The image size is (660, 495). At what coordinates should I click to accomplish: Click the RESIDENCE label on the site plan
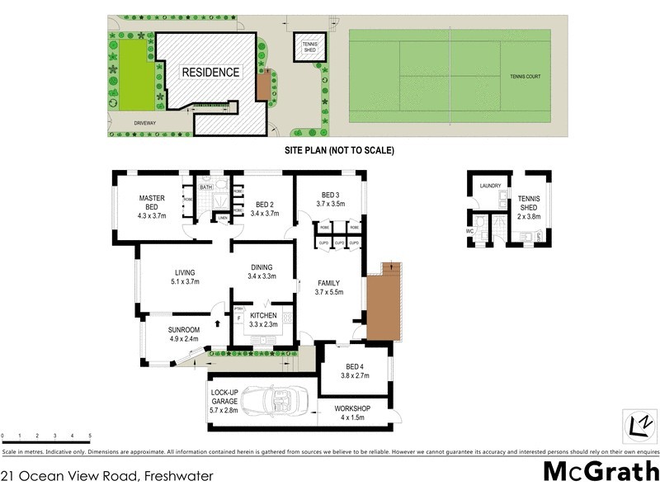[211, 73]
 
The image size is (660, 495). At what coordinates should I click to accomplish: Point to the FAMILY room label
[328, 283]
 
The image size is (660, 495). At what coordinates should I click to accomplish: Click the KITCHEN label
[263, 315]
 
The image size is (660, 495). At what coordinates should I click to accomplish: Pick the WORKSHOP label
[351, 409]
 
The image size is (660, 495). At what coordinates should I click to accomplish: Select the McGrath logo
[600, 472]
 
